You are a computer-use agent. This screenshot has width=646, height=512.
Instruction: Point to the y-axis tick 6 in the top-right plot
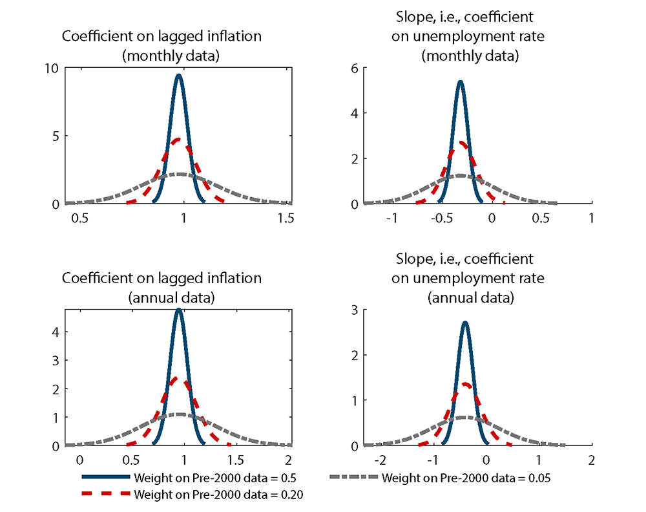click(x=355, y=68)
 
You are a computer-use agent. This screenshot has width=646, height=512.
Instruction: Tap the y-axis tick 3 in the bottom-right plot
click(x=355, y=310)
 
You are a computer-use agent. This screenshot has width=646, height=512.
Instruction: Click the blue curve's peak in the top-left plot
click(x=178, y=75)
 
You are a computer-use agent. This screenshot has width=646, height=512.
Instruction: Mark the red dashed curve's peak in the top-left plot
click(x=178, y=139)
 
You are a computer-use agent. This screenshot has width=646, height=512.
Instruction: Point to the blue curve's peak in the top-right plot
click(x=460, y=81)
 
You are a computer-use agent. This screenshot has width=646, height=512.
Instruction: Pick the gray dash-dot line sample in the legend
click(x=354, y=479)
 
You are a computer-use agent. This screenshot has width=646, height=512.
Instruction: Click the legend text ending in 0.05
click(x=465, y=479)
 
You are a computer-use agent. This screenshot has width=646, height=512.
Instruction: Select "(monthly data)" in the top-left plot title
click(x=171, y=56)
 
